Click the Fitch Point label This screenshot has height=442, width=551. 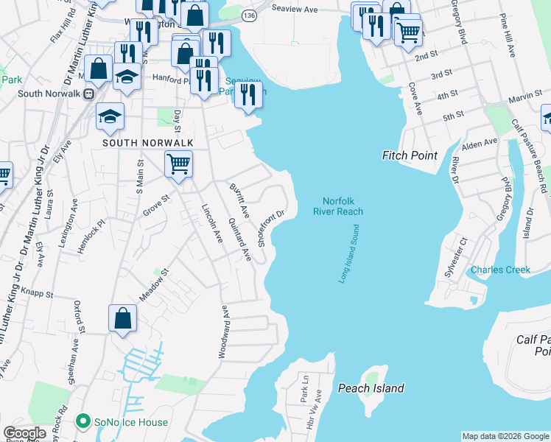(x=410, y=155)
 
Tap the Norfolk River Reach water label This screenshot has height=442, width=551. (x=343, y=206)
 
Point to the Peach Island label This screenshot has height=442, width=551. (x=371, y=388)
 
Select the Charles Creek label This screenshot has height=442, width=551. (x=500, y=270)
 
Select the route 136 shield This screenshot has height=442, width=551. (x=250, y=15)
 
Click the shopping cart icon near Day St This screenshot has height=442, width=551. (x=178, y=164)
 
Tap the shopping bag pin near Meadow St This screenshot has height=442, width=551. (x=123, y=318)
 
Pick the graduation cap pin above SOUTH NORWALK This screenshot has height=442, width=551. (x=110, y=116)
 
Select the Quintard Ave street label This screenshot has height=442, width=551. (x=239, y=239)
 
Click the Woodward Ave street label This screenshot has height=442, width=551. (x=222, y=331)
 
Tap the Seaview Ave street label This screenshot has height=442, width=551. (x=294, y=9)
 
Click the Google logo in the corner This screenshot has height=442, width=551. (x=24, y=433)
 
